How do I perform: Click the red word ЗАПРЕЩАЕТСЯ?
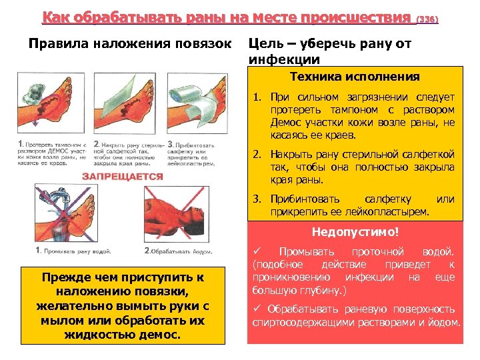[x=123, y=176]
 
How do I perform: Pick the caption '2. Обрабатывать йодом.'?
[x=179, y=251]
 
